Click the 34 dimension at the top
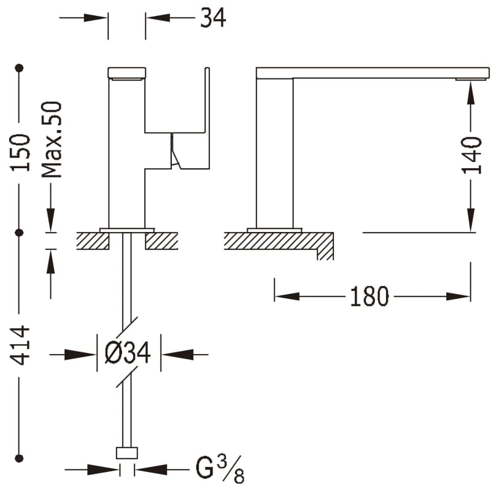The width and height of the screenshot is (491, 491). pyautogui.click(x=213, y=18)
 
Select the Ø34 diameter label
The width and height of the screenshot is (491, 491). pyautogui.click(x=128, y=353)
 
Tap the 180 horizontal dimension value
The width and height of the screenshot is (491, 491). pyautogui.click(x=369, y=296)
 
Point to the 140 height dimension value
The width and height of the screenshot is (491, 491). pyautogui.click(x=471, y=155)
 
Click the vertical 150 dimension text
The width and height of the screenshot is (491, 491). pyautogui.click(x=20, y=152)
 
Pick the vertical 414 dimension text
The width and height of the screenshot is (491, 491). pyautogui.click(x=20, y=345)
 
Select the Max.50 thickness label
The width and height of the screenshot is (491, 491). pyautogui.click(x=52, y=140)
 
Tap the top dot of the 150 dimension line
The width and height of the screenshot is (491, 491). pyautogui.click(x=20, y=68)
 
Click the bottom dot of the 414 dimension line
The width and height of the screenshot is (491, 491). pyautogui.click(x=20, y=458)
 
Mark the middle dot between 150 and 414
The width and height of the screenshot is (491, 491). pyautogui.click(x=20, y=233)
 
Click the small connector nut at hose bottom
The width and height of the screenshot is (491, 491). pyautogui.click(x=127, y=453)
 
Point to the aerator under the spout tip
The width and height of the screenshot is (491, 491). pyautogui.click(x=466, y=79)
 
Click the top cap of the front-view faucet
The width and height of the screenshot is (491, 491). pyautogui.click(x=127, y=72)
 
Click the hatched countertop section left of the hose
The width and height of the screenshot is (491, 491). pyautogui.click(x=93, y=241)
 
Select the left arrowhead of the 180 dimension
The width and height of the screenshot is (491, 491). pyautogui.click(x=287, y=296)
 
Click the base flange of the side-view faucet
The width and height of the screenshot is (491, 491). pyautogui.click(x=274, y=230)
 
